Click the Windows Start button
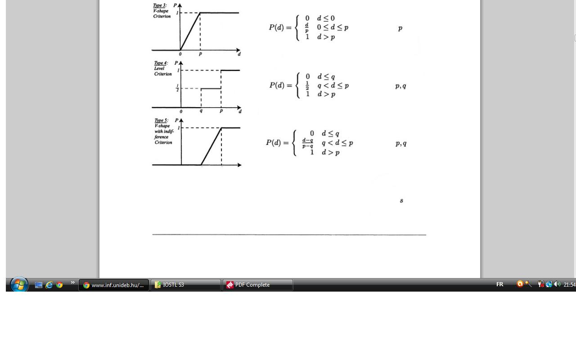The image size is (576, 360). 19,285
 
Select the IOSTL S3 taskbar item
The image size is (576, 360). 185,285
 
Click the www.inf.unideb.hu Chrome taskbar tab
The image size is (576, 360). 114,285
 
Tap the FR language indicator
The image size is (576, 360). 499,284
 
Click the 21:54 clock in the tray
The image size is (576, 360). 569,285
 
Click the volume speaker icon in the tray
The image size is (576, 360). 557,284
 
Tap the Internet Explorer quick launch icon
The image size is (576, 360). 49,285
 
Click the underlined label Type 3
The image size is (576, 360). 159,5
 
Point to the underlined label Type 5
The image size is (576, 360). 161,121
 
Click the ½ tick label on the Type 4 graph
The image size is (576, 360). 177,88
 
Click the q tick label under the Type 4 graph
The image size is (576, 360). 201,111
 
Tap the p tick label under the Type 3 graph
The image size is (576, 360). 200,54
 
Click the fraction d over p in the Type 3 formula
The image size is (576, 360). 307,27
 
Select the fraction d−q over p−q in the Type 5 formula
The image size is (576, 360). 308,143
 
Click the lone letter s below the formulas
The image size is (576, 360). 401,201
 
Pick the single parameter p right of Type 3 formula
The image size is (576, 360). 400,28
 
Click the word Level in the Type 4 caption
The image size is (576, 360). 159,68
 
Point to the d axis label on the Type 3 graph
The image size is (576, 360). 239,54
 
